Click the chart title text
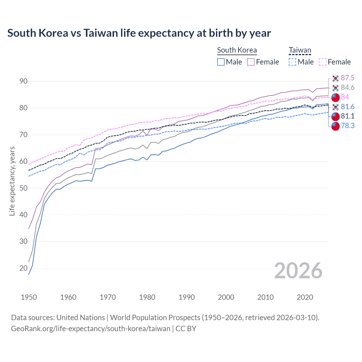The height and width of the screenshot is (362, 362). pos(139,33)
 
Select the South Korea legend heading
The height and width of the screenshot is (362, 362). pos(237,50)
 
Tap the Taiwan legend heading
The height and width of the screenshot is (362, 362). pos(300,50)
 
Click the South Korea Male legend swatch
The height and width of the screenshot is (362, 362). pos(221,62)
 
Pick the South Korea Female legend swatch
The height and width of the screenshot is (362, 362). pos(251,62)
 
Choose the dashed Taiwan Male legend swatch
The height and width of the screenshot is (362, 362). pos(292,62)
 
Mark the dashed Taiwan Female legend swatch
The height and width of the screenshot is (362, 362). pos(323,62)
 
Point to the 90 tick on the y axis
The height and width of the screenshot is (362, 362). pos(23,81)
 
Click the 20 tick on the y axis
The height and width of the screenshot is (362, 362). pos(23,268)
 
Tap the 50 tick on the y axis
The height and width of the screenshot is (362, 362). pos(23,188)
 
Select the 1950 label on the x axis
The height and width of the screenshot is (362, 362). pos(29,297)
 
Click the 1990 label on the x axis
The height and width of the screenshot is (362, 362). pos(187,297)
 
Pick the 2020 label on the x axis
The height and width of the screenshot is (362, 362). pos(305,297)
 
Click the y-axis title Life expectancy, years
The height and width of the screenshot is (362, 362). pos(12,181)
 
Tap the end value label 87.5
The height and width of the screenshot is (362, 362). pos(348,78)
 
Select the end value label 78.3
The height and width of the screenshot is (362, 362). pos(348,126)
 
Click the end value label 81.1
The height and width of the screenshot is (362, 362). pos(348,116)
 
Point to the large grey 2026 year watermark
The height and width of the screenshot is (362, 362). pos(298,271)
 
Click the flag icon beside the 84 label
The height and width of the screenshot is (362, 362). pos(335,97)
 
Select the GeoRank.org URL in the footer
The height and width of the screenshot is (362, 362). pos(90,329)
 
